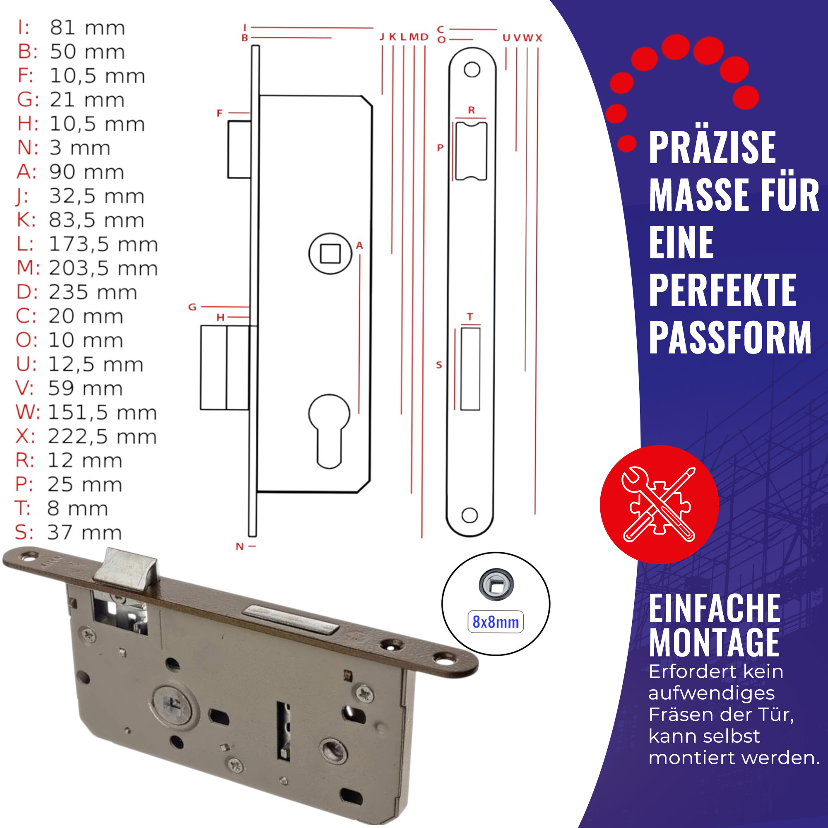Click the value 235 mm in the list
point(93,292)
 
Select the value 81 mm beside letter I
point(87,28)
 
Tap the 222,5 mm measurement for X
point(102,437)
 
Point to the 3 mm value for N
point(80,148)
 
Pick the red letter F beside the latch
point(219,113)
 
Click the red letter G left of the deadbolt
point(193,307)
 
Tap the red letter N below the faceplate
point(240,546)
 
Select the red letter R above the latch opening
point(472,110)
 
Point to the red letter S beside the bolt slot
point(439,365)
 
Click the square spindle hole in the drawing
point(330,253)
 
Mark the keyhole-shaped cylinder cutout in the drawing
point(329,431)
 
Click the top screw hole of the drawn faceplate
point(472,69)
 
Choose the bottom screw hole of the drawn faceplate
point(470,515)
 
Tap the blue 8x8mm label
point(496,622)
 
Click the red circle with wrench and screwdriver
point(659,504)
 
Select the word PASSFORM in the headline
point(730,337)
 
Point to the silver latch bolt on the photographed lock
point(125,570)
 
